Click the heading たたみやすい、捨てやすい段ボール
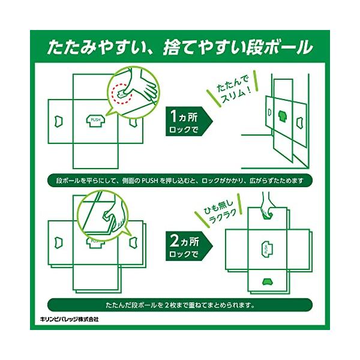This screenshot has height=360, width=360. tap(180, 47)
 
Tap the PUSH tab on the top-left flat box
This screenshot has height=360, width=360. tap(96, 121)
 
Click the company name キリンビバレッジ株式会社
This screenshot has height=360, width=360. tap(69, 319)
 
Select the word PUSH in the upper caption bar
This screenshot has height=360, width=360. tap(149, 181)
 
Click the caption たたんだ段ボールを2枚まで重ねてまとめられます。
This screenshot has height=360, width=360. tap(180, 305)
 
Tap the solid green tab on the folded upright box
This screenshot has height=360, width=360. tap(282, 116)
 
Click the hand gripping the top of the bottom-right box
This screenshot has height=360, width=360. tap(267, 205)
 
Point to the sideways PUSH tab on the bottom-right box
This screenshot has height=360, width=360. tap(267, 249)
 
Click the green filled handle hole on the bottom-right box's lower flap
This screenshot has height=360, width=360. tap(267, 282)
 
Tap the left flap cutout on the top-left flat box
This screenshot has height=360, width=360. tap(59, 121)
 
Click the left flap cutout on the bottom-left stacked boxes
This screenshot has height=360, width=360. tap(59, 242)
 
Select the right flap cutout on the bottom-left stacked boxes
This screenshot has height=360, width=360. tap(133, 242)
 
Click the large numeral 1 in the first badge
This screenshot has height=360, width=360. tap(173, 116)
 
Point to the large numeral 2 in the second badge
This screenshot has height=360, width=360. tap(174, 241)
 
